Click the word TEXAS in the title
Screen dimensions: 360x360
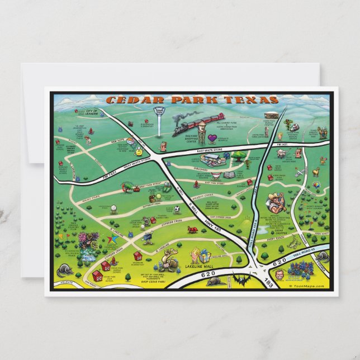point(253,100)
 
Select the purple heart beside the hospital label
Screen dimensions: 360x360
point(197,137)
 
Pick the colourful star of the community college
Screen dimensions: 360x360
point(111,240)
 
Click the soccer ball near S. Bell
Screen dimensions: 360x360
point(177,210)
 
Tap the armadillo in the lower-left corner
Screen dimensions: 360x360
point(64,271)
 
